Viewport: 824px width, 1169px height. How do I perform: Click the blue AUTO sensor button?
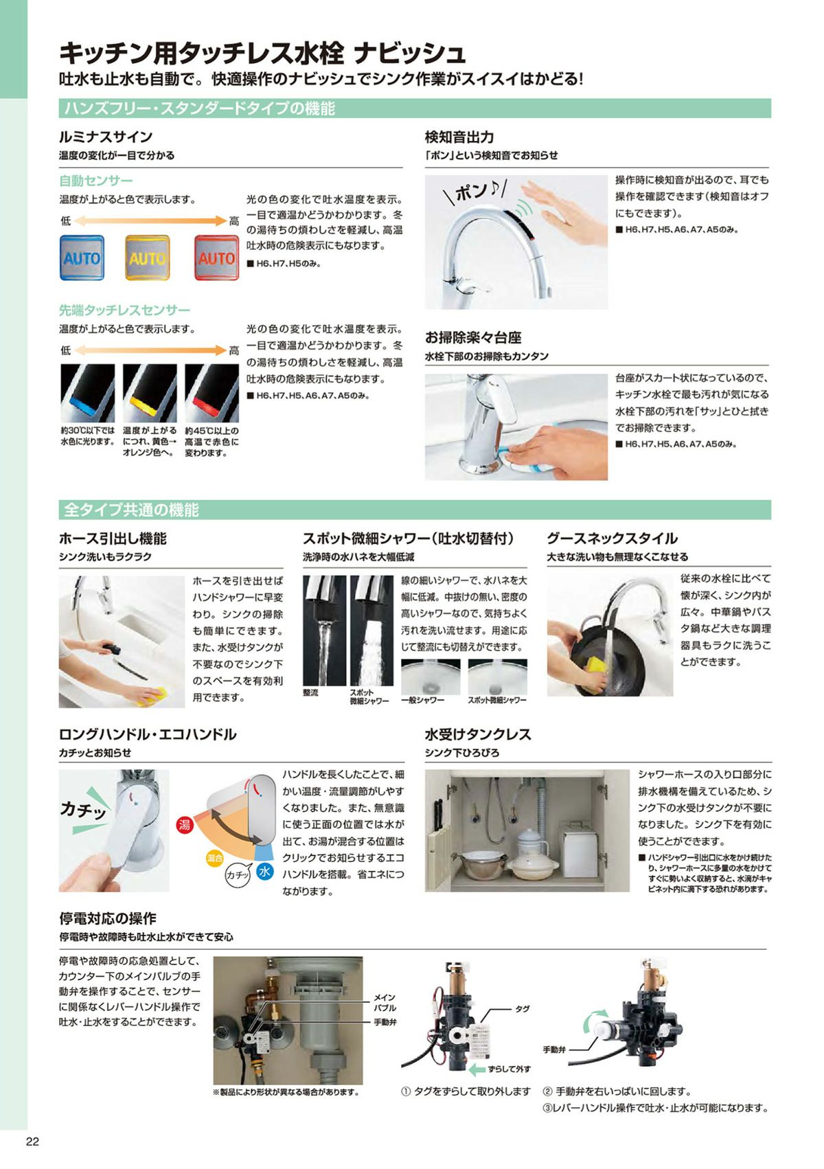(x=82, y=258)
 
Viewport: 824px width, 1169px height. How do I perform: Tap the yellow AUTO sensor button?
(x=148, y=258)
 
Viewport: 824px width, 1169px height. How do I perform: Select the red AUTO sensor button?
(x=216, y=258)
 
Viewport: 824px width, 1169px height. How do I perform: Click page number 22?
(x=32, y=1142)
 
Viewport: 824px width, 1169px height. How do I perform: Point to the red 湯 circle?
(x=185, y=825)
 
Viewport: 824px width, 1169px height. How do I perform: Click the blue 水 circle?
(x=265, y=871)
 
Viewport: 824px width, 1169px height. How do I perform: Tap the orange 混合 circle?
(x=214, y=857)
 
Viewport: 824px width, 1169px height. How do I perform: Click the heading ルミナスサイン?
(x=106, y=137)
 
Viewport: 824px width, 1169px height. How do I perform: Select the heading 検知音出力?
(x=459, y=137)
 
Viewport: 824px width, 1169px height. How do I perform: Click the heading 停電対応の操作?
(x=108, y=918)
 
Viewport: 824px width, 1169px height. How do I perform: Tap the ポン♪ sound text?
(x=475, y=192)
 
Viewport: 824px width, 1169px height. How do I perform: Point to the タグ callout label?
(x=522, y=1009)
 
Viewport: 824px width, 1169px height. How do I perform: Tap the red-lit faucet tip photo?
(x=212, y=393)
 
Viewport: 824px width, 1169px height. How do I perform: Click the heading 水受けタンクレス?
(x=478, y=734)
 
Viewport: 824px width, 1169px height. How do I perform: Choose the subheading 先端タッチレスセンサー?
(x=124, y=310)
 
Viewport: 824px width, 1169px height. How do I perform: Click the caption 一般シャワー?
(x=423, y=700)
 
